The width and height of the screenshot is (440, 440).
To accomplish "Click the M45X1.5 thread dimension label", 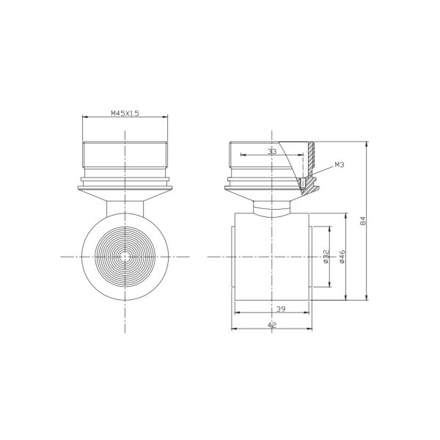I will click(125, 114).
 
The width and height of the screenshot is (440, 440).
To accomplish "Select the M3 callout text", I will click(340, 166).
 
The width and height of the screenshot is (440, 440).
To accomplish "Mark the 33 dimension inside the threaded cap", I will click(272, 150).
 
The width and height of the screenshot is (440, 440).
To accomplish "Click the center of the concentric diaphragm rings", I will click(125, 257).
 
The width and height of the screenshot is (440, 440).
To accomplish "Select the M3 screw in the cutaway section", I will click(302, 180).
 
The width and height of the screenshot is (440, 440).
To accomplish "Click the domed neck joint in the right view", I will click(272, 208).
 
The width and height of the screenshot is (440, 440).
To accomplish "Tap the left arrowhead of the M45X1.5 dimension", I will click(85, 118).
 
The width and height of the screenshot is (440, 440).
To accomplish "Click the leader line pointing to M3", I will click(323, 171).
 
